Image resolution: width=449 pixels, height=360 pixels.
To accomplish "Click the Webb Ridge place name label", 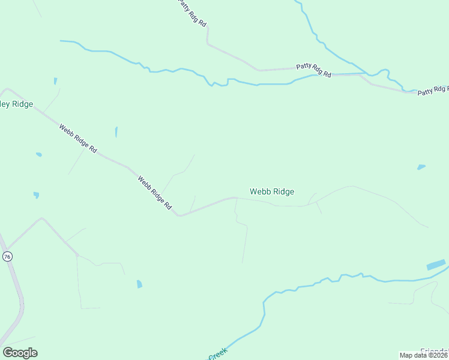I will coord(272,191).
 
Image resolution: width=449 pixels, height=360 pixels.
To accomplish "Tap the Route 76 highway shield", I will coord(7,256).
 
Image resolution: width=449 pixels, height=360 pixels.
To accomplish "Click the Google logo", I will coord(20,353).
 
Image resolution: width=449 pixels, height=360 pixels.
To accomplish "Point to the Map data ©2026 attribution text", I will coord(424,355).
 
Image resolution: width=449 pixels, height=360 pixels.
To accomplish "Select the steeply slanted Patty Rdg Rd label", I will coord(193,13).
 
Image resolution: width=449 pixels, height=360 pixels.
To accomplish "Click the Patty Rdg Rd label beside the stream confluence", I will coord(313,70).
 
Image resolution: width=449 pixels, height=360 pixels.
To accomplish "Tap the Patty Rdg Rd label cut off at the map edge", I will coord(433,90).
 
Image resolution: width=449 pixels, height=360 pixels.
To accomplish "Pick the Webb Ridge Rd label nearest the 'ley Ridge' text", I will coord(78,137).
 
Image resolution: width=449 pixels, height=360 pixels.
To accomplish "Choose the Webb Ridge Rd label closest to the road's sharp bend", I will coord(154,191).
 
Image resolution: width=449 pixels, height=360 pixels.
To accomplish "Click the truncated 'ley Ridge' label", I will coord(16,104).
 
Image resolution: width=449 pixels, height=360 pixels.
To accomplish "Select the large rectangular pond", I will coord(436,265).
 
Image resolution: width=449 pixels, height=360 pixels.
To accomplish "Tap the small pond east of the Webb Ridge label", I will coord(421,167).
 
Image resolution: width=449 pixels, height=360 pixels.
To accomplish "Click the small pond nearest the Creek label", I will coord(139,284).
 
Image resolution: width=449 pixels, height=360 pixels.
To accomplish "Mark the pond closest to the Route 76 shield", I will coord(36,195).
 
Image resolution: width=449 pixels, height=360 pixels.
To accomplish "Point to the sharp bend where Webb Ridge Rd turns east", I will coord(178,214).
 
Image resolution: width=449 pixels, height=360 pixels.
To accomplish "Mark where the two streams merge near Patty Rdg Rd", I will coord(367,74).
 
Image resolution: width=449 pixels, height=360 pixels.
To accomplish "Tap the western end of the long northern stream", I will coord(62,41).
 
